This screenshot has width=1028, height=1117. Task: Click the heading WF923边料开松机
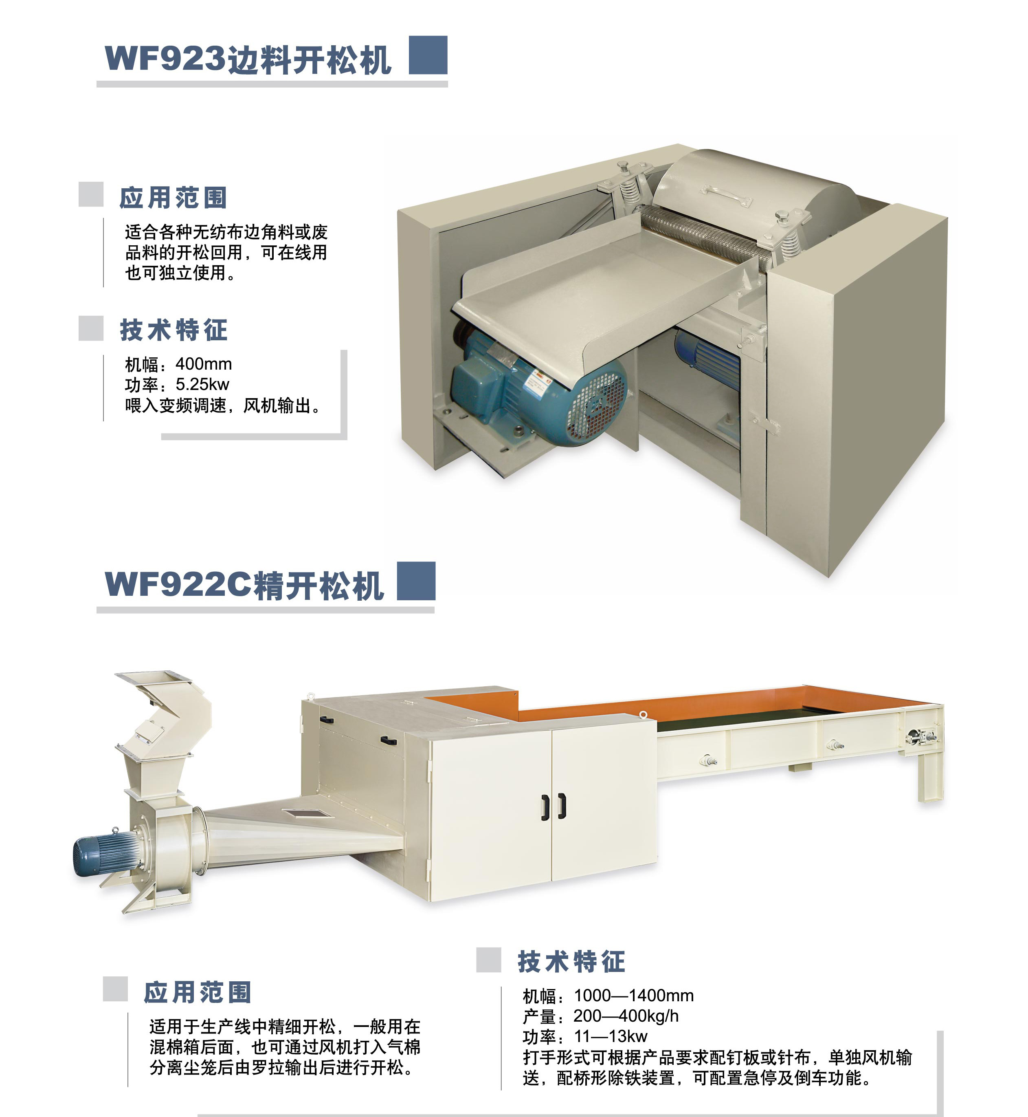(248, 59)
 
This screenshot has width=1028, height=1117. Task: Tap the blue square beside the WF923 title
(428, 55)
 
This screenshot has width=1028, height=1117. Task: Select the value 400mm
(204, 364)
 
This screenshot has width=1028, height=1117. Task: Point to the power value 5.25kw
(202, 385)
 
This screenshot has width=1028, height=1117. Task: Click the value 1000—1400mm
(634, 995)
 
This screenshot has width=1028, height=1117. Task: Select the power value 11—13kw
(611, 1036)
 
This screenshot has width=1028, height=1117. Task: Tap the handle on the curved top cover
(727, 195)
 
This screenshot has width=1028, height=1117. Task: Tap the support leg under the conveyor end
(930, 776)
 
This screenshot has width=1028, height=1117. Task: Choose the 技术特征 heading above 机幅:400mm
(174, 330)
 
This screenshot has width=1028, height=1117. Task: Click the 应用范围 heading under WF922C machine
(198, 992)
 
